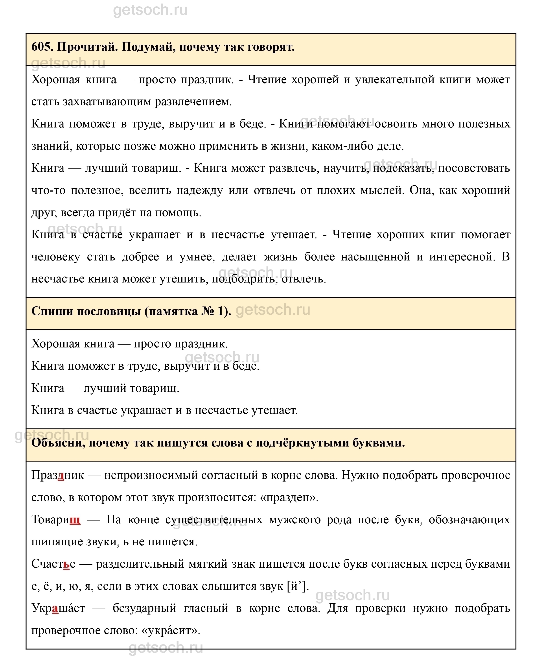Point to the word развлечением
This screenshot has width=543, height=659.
(x=193, y=102)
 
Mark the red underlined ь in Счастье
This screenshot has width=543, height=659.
(x=66, y=564)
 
